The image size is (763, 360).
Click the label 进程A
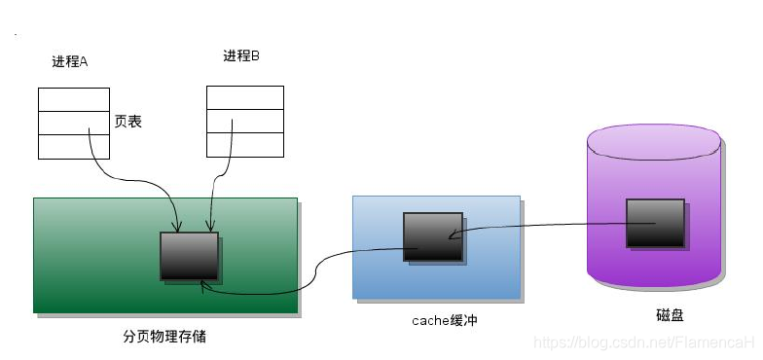pos(70,61)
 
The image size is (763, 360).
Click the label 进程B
pos(241,55)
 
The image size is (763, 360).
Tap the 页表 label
pos(128,123)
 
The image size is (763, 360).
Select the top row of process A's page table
pos(74,98)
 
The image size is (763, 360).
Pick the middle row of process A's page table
pos(74,123)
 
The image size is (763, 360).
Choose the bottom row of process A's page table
pos(74,147)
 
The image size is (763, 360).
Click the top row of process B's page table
pos(245,97)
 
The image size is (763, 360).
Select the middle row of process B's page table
pos(245,122)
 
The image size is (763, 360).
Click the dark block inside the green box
pos(189,256)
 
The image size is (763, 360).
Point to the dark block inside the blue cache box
pos(432,235)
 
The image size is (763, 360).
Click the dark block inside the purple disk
pos(654,223)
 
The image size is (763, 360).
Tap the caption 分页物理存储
pos(164,337)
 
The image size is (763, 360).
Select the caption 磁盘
pos(670,315)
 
